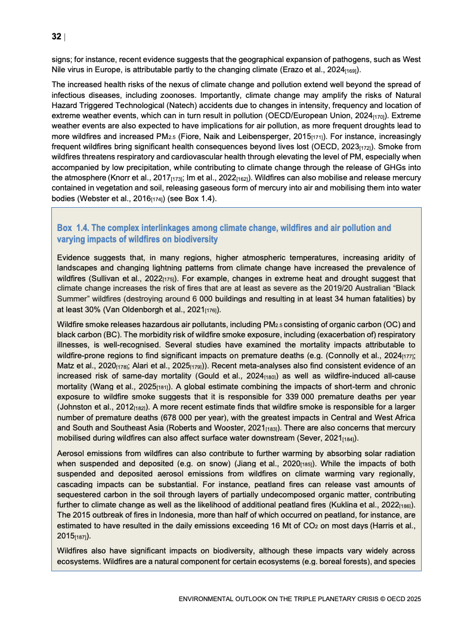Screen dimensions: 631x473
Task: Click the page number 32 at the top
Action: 56,37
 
